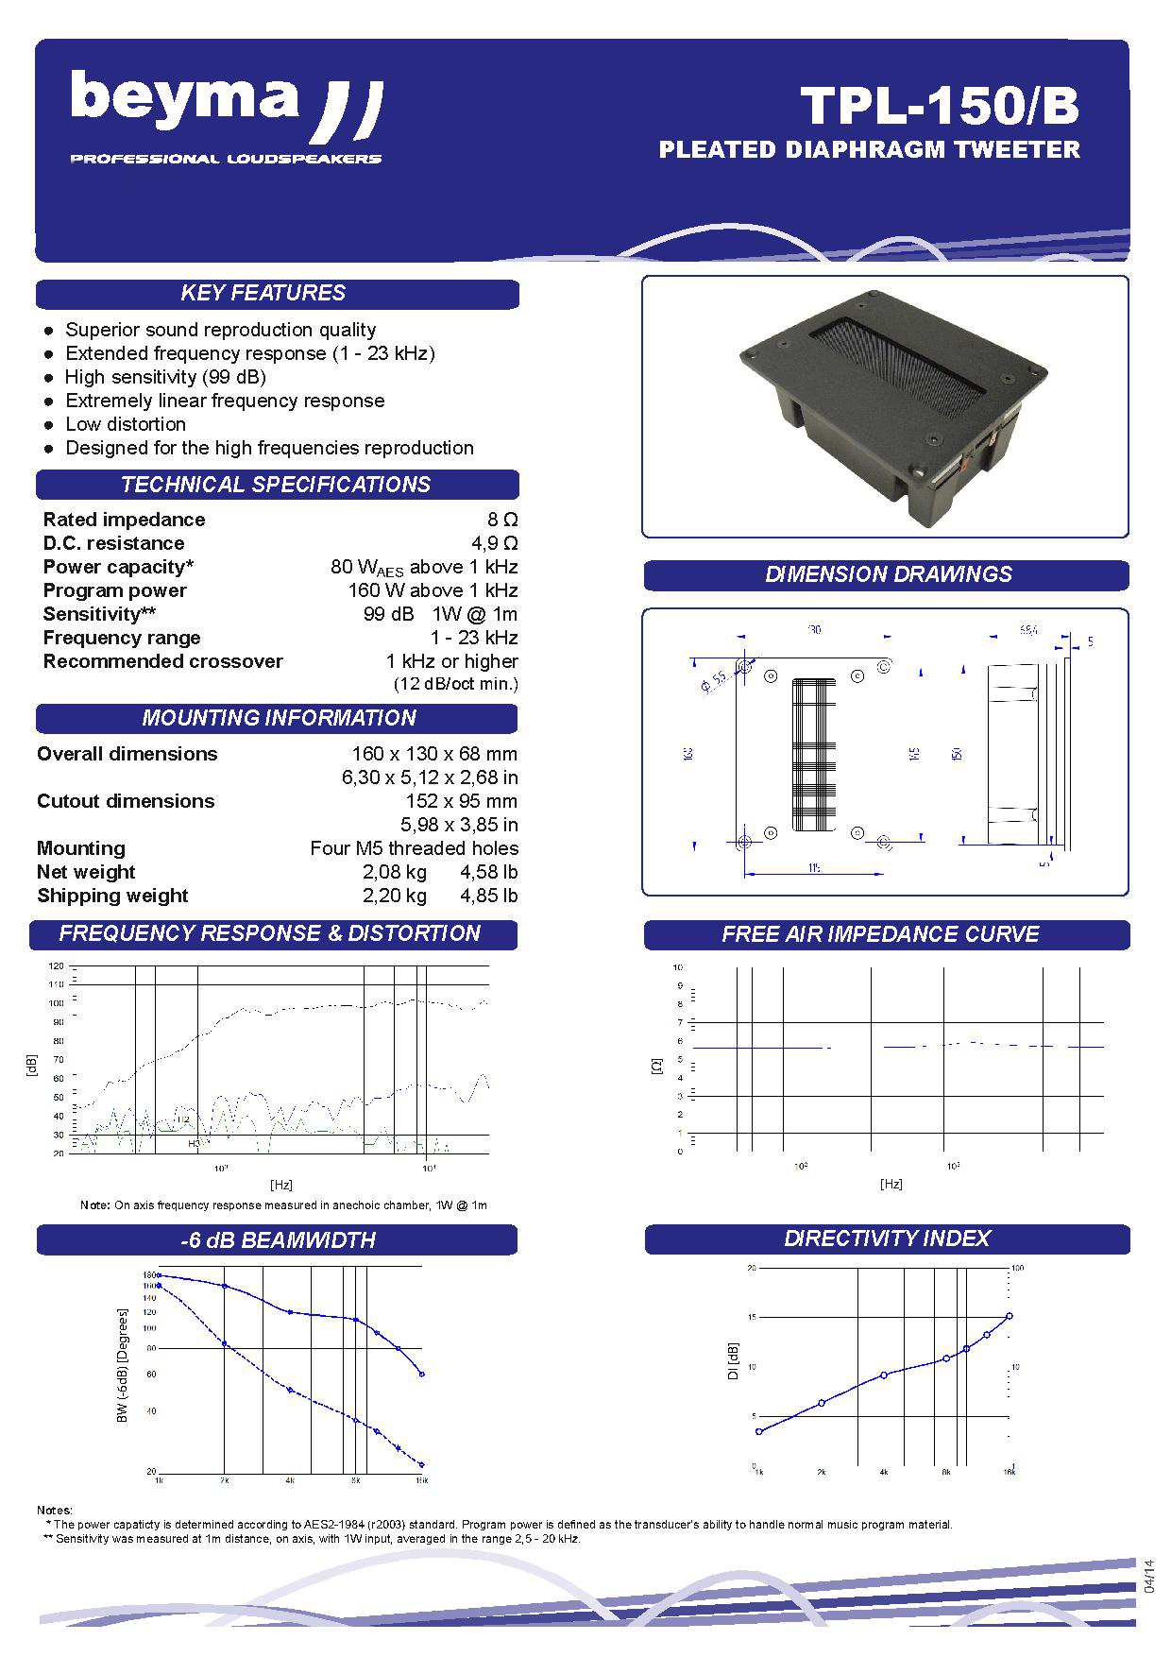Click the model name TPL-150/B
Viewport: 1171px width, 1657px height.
click(x=939, y=106)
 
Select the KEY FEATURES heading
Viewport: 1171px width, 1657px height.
click(x=263, y=294)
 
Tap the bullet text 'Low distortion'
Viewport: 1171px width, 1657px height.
click(x=126, y=424)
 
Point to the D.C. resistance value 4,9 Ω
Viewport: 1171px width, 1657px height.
click(x=495, y=543)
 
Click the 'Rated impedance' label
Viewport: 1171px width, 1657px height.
click(x=124, y=520)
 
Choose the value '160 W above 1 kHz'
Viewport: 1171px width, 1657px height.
click(x=433, y=590)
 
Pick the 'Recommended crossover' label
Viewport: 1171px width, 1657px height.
click(x=162, y=661)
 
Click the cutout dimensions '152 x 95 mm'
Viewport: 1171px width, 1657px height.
click(x=461, y=801)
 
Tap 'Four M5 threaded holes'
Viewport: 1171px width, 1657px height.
click(x=414, y=848)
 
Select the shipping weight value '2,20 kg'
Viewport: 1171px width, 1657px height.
click(x=395, y=896)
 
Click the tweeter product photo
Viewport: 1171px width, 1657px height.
click(x=885, y=406)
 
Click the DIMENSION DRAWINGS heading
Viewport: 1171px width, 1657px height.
click(x=888, y=574)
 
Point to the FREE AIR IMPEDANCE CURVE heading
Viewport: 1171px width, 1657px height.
click(x=880, y=934)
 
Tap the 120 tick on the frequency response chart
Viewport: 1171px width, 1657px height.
click(x=56, y=966)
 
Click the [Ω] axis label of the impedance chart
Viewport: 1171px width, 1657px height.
click(x=657, y=1065)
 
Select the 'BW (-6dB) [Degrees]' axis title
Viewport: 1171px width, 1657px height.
click(x=122, y=1366)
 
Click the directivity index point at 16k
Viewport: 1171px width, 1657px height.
click(x=1010, y=1316)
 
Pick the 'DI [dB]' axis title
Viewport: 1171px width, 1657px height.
click(x=733, y=1361)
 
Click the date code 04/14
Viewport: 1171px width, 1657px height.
click(x=1148, y=1578)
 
